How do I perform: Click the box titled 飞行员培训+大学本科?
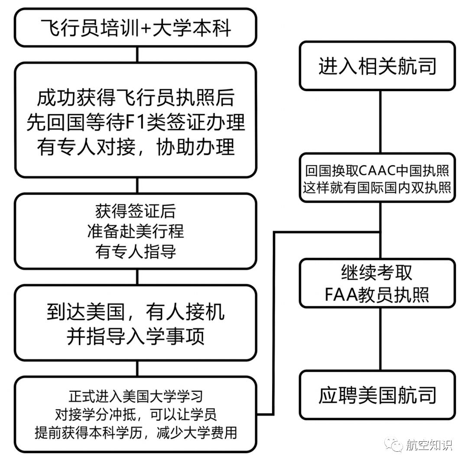coord(136,28)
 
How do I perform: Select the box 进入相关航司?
coord(377,66)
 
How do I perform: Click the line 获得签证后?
coord(136,211)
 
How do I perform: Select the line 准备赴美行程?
coord(136,231)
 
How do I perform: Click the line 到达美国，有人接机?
coord(136,312)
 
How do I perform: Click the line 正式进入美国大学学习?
coord(136,396)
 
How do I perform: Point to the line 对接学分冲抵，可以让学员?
coord(136,414)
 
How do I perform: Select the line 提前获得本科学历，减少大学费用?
coord(136,433)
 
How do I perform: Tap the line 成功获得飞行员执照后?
coord(136,98)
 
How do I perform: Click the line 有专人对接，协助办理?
coord(136,147)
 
